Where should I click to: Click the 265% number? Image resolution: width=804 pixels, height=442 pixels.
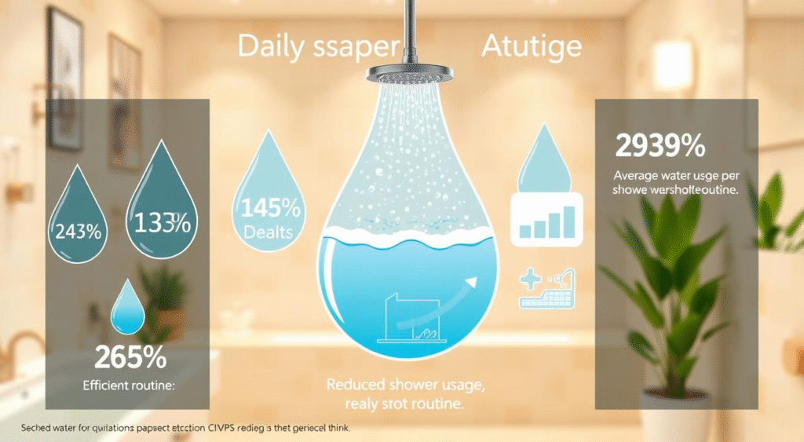pos(130,357)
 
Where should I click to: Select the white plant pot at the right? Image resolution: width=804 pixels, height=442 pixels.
pos(675,416)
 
